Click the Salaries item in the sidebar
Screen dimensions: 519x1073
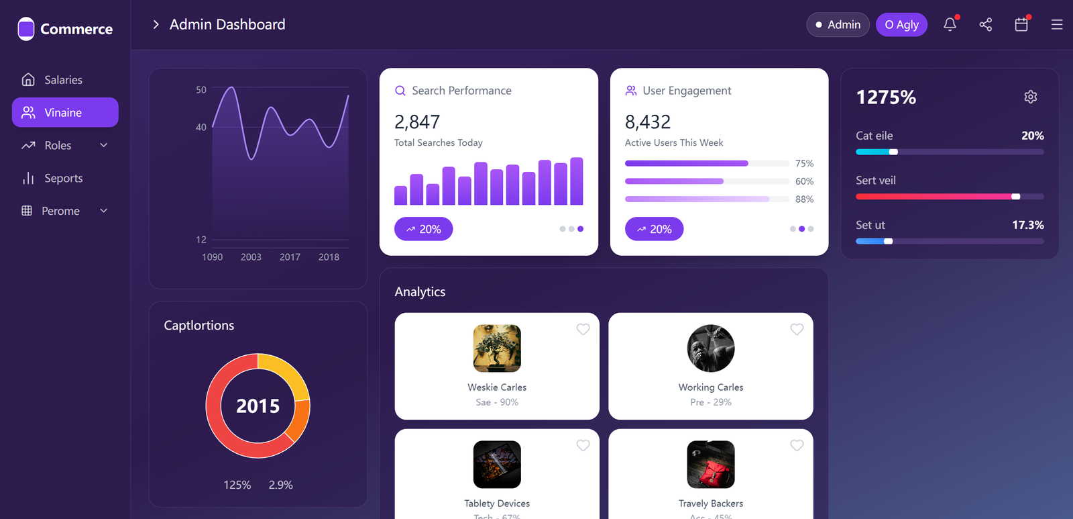coord(62,80)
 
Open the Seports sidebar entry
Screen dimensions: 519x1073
coord(63,179)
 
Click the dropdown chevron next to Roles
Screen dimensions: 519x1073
coord(104,145)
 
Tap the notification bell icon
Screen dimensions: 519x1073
coord(950,25)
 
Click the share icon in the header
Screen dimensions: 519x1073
coord(985,25)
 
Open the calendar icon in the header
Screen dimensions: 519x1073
coord(1021,25)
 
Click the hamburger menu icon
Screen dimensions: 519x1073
coord(1057,25)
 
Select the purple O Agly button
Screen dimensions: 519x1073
coord(901,25)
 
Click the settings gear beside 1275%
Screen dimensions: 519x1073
coord(1031,97)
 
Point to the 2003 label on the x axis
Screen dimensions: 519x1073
coord(251,257)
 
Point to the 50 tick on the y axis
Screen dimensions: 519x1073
coord(201,90)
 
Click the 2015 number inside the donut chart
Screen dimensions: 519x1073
coord(258,406)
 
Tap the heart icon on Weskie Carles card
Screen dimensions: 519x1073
coord(583,329)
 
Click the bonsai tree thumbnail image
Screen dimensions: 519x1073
coord(497,348)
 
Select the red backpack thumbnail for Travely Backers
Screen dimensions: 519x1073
coord(711,465)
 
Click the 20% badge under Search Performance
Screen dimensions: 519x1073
coord(423,229)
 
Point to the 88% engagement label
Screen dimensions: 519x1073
coord(804,199)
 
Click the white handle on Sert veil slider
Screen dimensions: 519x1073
coord(1016,197)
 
